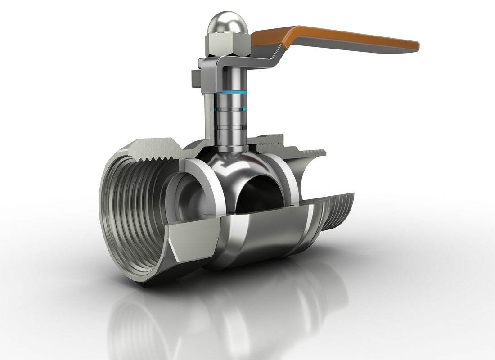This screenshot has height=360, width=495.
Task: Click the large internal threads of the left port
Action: tap(130, 211)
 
